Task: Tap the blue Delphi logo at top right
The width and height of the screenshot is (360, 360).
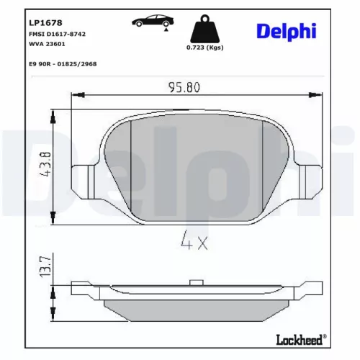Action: coord(287,32)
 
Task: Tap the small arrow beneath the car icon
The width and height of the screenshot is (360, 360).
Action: coord(166,31)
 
